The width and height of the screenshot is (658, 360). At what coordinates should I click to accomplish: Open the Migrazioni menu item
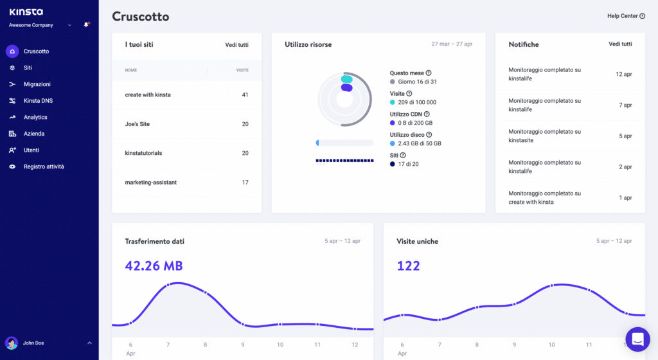click(37, 84)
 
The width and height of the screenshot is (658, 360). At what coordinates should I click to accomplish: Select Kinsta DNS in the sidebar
click(37, 101)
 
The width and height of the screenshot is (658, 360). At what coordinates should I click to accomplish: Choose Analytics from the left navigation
click(35, 117)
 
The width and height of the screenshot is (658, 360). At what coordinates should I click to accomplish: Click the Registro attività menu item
click(44, 166)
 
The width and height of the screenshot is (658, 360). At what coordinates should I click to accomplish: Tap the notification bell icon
click(86, 25)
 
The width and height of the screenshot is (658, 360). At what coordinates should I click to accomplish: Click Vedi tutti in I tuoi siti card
click(236, 45)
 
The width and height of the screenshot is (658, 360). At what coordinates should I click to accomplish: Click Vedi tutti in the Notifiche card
click(620, 44)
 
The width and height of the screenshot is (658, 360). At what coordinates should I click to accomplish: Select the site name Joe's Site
click(137, 124)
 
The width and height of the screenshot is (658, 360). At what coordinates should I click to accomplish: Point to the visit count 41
click(245, 94)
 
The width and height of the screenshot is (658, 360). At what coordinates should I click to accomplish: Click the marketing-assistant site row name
click(150, 183)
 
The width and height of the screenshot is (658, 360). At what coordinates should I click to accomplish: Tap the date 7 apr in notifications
click(625, 105)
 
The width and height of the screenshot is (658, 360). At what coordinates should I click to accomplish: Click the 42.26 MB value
click(154, 265)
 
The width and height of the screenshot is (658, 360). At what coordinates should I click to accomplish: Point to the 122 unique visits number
click(408, 265)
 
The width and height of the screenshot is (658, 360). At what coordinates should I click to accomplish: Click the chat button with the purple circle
click(637, 339)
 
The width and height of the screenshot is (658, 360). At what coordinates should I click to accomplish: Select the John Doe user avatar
click(12, 343)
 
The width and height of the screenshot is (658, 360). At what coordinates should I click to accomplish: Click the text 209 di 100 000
click(417, 102)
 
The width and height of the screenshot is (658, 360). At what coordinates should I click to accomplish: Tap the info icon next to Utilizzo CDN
click(427, 114)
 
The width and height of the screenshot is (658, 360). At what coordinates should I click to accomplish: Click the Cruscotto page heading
click(141, 17)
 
